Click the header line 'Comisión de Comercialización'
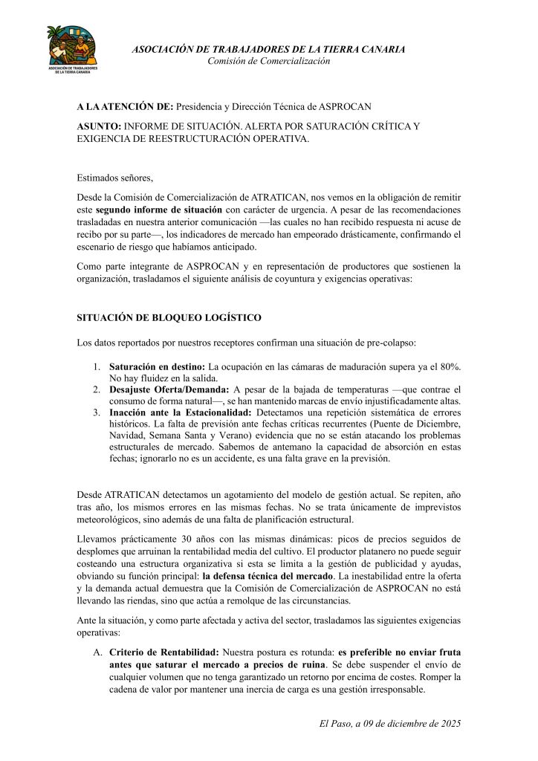[x=268, y=61]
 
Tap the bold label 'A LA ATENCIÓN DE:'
[x=125, y=106]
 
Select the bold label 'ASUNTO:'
[x=99, y=126]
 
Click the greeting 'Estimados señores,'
[x=114, y=178]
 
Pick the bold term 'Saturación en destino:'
[x=157, y=367]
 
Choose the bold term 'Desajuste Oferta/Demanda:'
[x=169, y=389]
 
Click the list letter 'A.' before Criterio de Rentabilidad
[x=97, y=652]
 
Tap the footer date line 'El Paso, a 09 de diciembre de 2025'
[x=390, y=723]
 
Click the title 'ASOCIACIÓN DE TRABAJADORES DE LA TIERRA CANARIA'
[x=268, y=49]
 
